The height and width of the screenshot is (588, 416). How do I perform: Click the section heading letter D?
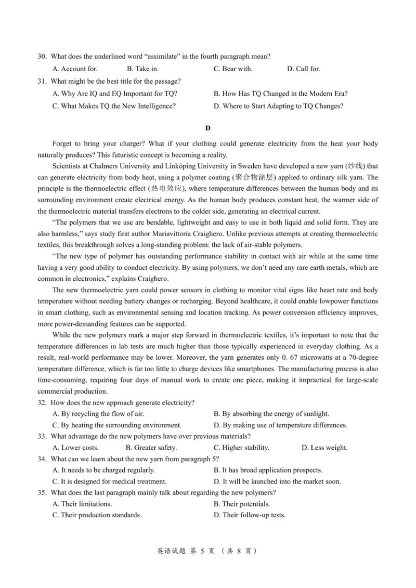(x=208, y=128)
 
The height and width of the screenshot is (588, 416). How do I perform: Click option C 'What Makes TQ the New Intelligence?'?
(x=114, y=106)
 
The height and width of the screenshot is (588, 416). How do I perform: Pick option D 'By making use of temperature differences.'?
(x=280, y=425)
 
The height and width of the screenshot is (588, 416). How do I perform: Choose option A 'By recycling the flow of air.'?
(x=98, y=414)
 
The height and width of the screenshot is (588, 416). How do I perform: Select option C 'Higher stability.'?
(x=241, y=448)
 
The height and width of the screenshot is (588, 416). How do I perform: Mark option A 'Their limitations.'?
(x=82, y=504)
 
